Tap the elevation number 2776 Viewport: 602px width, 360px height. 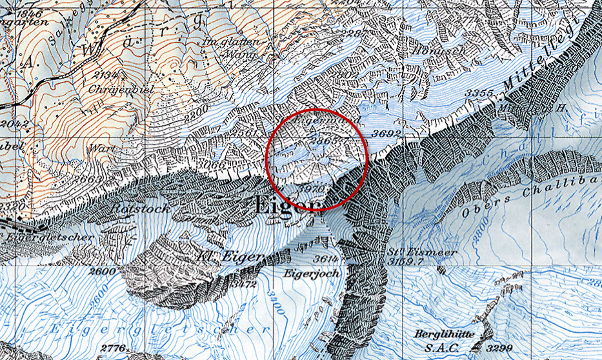[114, 349]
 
